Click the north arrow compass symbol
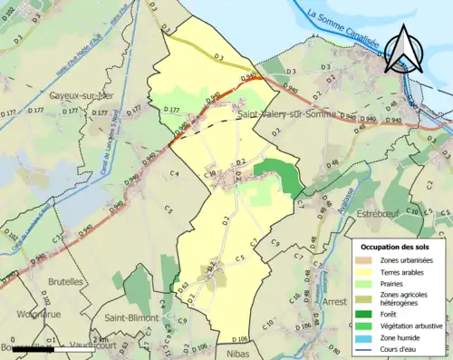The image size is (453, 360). click(x=404, y=49)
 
